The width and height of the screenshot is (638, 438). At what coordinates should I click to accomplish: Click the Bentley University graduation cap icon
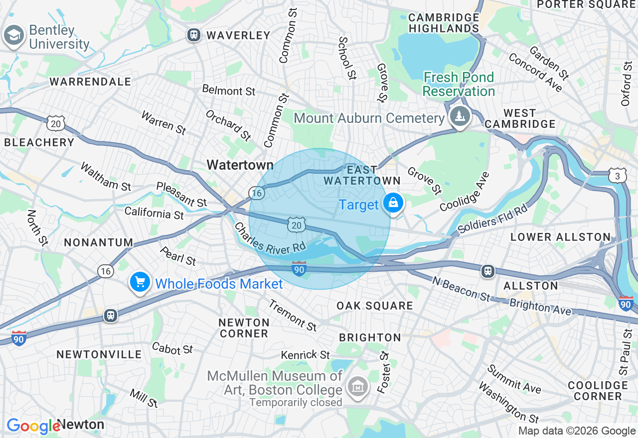(x=14, y=35)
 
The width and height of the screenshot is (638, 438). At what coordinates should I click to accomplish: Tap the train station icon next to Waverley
(x=193, y=35)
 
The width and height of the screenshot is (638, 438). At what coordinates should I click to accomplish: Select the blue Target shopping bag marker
(x=393, y=203)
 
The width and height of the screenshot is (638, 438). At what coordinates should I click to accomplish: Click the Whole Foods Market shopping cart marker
(x=140, y=282)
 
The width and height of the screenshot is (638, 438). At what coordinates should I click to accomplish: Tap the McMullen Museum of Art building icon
(x=357, y=386)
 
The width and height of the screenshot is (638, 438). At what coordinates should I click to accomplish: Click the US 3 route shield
(x=617, y=176)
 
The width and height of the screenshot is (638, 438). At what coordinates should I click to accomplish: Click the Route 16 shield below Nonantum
(x=105, y=270)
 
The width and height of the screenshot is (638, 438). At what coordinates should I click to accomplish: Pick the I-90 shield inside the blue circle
(x=299, y=269)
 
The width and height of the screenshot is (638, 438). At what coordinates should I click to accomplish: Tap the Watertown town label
(x=240, y=165)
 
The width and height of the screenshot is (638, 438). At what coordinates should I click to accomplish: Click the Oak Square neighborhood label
(x=374, y=305)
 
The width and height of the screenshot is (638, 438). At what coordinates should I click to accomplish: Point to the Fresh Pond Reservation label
(x=459, y=84)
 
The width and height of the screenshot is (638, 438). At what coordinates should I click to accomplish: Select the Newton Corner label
(x=244, y=328)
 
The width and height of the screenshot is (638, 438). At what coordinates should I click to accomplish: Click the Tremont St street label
(x=293, y=315)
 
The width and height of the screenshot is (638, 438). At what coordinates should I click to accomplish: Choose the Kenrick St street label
(x=305, y=355)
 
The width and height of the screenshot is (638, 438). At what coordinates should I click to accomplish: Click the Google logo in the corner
(x=33, y=426)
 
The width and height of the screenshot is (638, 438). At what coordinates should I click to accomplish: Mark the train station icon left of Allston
(x=487, y=271)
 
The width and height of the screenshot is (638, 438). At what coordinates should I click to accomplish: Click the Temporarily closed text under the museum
(x=296, y=402)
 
